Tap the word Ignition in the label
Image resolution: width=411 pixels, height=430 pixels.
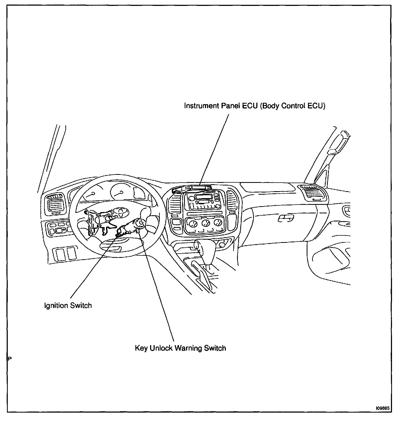(x=56, y=305)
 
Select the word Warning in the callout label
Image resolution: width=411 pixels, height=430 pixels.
(x=188, y=348)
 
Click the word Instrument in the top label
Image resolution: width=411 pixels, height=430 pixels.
(x=201, y=106)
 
